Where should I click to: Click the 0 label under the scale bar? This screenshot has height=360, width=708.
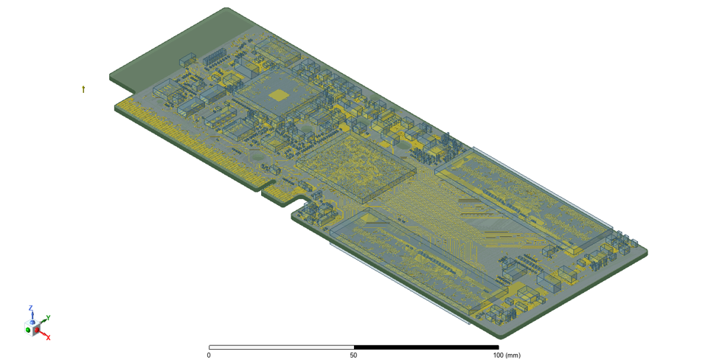[209, 356]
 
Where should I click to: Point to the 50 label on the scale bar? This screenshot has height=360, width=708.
[354, 356]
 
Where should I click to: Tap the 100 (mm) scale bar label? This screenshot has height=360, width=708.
[506, 356]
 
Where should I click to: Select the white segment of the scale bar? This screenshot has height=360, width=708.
[281, 347]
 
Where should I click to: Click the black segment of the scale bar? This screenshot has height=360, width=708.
[426, 347]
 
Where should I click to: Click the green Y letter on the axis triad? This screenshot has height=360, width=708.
[48, 317]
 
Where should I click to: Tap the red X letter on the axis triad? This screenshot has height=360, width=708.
[49, 337]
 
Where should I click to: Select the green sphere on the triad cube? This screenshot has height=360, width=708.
[29, 330]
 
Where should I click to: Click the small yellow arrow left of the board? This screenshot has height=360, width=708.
[83, 89]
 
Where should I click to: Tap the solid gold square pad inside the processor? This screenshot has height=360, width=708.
[278, 94]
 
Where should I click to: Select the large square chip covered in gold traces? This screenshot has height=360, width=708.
[356, 168]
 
